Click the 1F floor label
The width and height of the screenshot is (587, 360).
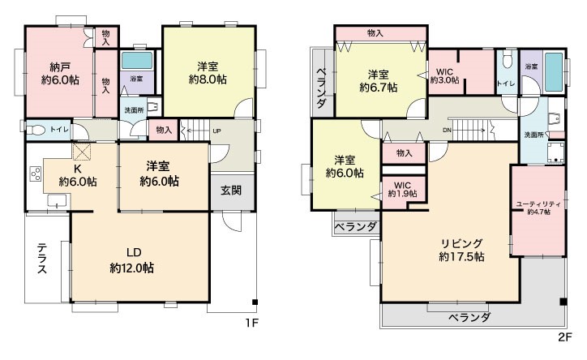[252, 323]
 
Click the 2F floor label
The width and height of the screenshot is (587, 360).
[565, 336]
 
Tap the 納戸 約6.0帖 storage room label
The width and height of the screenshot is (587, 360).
[60, 74]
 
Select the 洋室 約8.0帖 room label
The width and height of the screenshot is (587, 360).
[208, 73]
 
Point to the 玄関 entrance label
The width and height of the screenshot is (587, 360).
[231, 191]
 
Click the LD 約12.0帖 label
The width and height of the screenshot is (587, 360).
[132, 260]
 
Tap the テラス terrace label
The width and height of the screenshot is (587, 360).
[42, 258]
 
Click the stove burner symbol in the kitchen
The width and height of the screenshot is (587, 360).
[36, 174]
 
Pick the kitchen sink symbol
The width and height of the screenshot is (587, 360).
[57, 200]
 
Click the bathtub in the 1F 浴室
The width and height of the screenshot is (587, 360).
[137, 60]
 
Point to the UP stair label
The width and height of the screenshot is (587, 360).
[216, 131]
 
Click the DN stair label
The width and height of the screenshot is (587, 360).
[447, 131]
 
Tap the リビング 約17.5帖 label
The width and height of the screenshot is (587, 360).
[461, 250]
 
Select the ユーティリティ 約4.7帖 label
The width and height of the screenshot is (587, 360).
[538, 208]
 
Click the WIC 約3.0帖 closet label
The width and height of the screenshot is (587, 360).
[445, 76]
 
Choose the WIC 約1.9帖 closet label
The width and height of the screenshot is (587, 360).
[402, 190]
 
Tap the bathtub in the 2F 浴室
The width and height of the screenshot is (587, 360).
[554, 72]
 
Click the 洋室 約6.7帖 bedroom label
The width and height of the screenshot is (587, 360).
[379, 81]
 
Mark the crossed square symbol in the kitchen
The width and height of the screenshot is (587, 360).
[82, 152]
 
